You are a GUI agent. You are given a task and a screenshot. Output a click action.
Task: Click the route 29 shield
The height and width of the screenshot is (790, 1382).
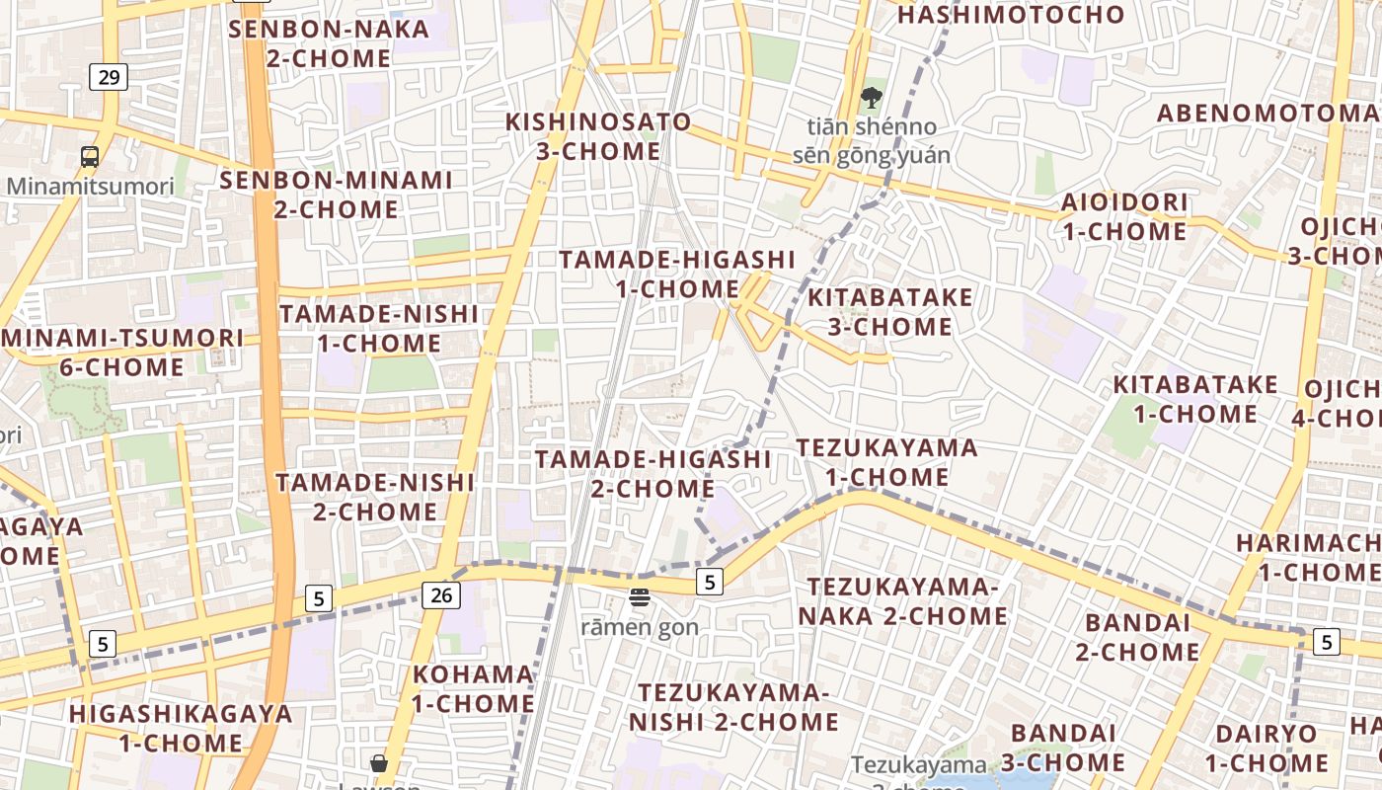[x=109, y=76]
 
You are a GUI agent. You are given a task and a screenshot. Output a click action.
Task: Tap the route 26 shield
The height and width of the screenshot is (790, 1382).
[x=440, y=594]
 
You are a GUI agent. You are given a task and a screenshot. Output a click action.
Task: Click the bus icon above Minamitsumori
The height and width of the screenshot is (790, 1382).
[x=90, y=156]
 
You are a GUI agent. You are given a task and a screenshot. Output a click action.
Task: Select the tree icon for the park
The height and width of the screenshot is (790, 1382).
[x=871, y=97]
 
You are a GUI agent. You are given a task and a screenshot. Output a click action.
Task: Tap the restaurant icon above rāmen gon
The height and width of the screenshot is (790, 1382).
[x=640, y=596]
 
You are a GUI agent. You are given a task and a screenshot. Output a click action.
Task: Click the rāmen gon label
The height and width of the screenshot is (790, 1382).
[x=640, y=626]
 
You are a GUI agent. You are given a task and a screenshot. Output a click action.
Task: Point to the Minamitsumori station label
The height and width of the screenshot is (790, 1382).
[x=90, y=186]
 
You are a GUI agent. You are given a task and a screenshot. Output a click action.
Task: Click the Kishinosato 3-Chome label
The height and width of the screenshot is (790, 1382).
[x=598, y=136]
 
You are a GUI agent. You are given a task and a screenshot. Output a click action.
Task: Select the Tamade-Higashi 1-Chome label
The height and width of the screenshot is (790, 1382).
[x=677, y=274]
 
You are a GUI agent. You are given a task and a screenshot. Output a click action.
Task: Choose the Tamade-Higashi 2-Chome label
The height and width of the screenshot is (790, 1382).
[x=653, y=474]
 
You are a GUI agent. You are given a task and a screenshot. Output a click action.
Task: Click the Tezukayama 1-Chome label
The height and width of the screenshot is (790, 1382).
[x=886, y=462]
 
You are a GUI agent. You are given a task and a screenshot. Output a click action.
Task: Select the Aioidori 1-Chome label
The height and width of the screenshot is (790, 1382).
[x=1124, y=217]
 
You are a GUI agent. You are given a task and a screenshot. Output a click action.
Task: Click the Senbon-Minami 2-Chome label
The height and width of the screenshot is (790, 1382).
[x=336, y=195]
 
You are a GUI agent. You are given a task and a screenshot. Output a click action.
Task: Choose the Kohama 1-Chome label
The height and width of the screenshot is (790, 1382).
[x=473, y=689]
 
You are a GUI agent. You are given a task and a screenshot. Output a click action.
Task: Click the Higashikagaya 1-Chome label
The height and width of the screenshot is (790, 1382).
[x=181, y=728]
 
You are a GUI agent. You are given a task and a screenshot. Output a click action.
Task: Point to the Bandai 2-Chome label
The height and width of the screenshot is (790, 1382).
[x=1137, y=637]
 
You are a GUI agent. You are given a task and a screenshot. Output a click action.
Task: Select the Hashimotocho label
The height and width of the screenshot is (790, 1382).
[x=1011, y=15]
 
